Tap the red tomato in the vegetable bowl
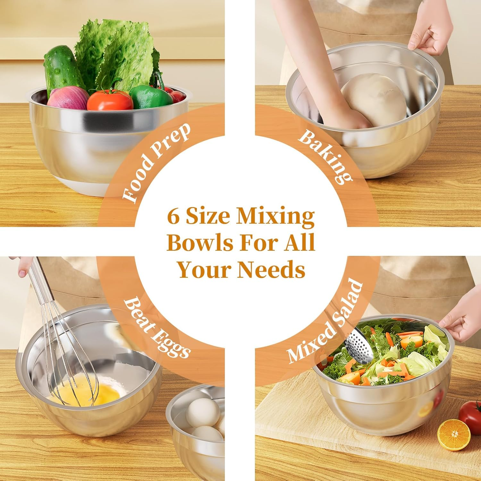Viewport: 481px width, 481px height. [x=110, y=99]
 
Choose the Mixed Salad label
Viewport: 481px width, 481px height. [x=325, y=324]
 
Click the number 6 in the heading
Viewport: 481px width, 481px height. [x=173, y=217]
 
